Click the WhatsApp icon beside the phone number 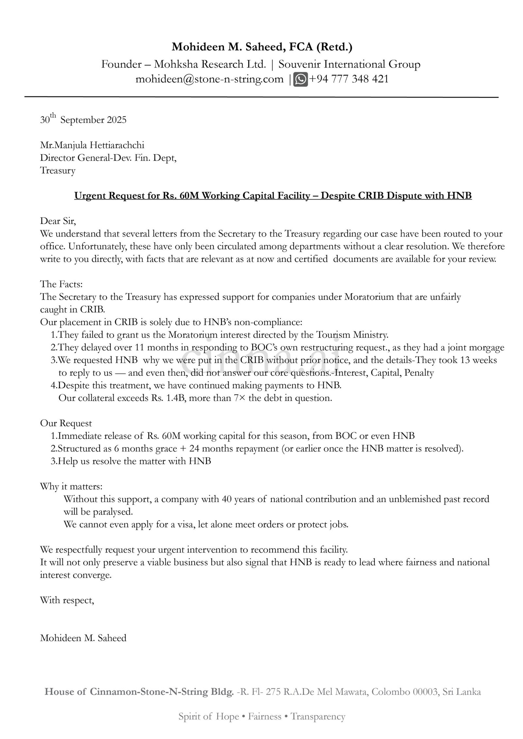point(300,79)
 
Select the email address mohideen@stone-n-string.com point(210,79)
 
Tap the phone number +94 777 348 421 point(348,79)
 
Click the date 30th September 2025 point(83,120)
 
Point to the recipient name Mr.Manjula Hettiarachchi point(92,145)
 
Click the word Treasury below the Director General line point(58,170)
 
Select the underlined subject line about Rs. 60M point(273,196)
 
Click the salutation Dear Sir point(58,221)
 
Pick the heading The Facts point(60,284)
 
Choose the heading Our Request point(66,423)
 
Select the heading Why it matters point(71,486)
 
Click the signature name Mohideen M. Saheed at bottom point(83,638)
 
